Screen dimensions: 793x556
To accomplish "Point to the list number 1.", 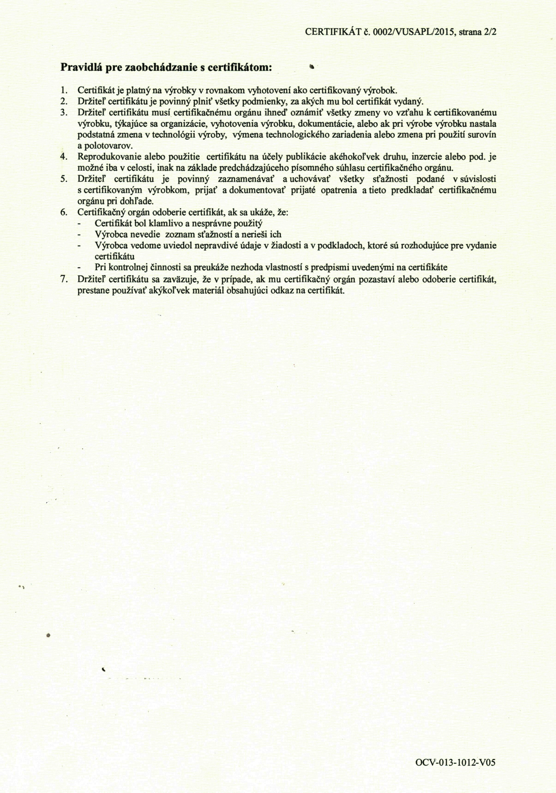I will click(63, 91).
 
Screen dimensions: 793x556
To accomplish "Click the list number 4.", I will click(63, 157).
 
